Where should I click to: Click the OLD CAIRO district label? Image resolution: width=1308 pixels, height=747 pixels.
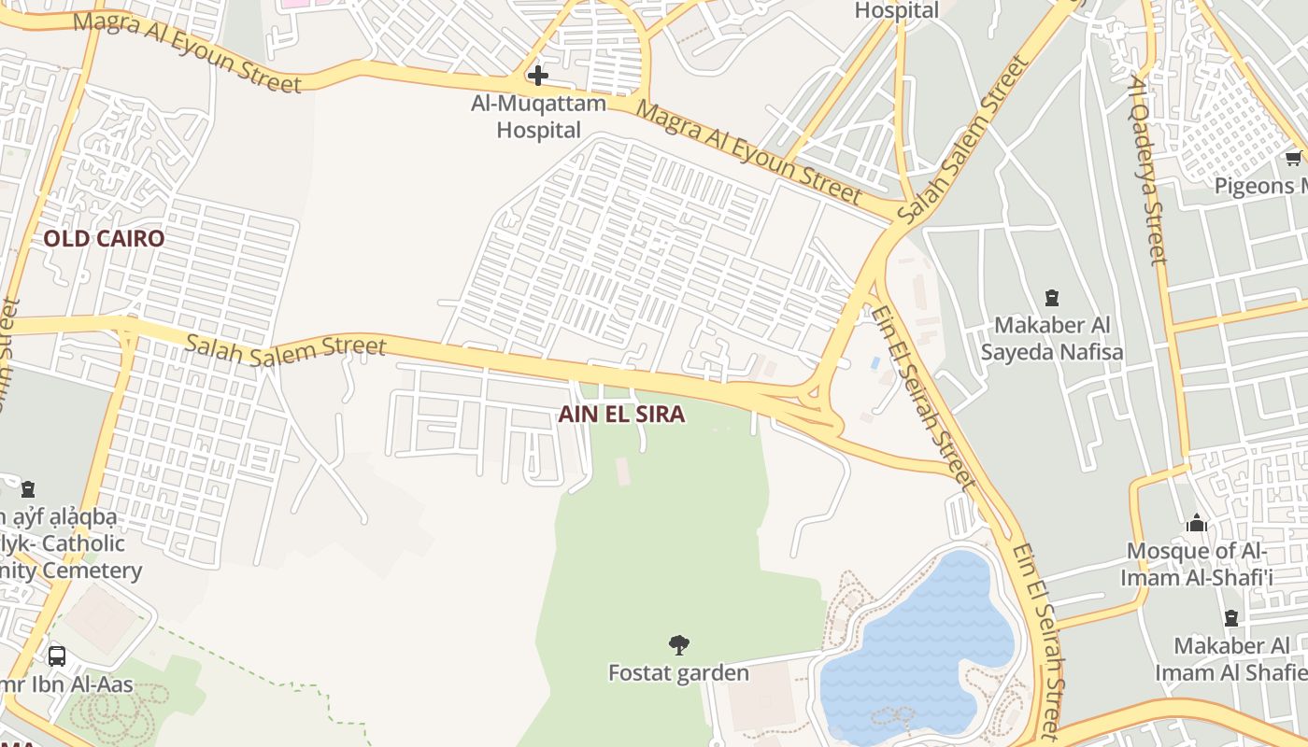click(x=104, y=239)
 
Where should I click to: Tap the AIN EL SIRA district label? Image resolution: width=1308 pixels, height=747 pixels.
click(x=621, y=415)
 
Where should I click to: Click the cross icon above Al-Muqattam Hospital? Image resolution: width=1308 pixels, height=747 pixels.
click(x=538, y=76)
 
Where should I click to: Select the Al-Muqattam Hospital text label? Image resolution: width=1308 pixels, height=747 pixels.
click(x=539, y=117)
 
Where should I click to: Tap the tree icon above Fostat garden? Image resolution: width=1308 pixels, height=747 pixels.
click(x=679, y=644)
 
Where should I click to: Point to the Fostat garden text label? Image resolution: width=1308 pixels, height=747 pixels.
click(x=678, y=672)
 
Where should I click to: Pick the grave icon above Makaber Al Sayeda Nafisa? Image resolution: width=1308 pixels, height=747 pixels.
click(x=1052, y=299)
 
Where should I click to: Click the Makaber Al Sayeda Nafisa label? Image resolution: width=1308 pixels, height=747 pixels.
click(x=1052, y=338)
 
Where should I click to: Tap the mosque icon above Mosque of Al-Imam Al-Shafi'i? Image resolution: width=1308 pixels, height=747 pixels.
click(x=1197, y=523)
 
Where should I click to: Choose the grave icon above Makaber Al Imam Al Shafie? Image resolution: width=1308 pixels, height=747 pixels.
click(x=1231, y=618)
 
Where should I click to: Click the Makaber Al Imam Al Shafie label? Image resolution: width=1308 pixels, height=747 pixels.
click(x=1231, y=658)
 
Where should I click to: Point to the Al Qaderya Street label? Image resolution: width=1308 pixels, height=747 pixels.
click(x=1148, y=168)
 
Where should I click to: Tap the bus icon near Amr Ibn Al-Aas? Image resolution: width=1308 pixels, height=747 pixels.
click(x=56, y=655)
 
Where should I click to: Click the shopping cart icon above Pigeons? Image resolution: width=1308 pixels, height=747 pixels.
click(x=1293, y=158)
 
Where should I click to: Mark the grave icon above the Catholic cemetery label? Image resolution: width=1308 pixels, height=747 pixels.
click(x=29, y=488)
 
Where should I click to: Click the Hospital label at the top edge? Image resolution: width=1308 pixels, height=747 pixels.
click(x=897, y=10)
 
